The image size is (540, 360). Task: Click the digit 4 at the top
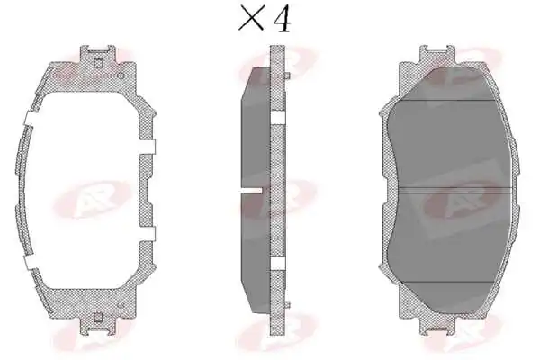[283, 18]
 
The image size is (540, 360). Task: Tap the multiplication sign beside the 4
[251, 19]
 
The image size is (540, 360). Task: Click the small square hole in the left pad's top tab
[98, 63]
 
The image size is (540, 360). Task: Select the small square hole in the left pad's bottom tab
[98, 317]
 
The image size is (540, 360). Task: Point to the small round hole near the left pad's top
[121, 76]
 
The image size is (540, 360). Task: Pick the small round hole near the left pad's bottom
[121, 305]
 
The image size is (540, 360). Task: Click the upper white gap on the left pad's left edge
[32, 118]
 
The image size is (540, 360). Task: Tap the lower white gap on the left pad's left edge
[32, 262]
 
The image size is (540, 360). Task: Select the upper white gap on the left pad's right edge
[147, 147]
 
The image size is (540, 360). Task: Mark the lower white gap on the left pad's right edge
[147, 234]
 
